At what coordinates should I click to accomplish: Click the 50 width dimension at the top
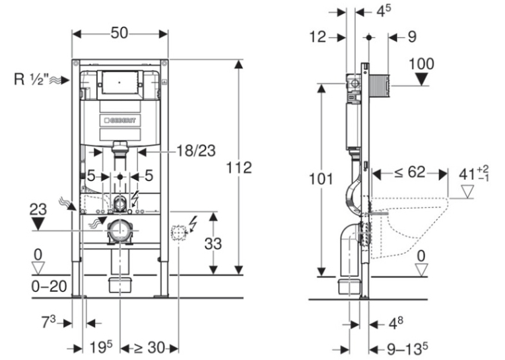[x=119, y=33]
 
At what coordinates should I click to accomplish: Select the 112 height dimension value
[x=239, y=168]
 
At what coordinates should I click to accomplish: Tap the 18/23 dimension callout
[x=196, y=151]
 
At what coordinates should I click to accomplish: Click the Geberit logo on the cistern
[x=120, y=120]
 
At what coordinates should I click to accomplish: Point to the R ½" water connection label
[x=31, y=79]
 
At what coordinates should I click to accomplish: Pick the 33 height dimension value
[x=213, y=244]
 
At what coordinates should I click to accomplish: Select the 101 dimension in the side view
[x=321, y=179]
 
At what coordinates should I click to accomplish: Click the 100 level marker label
[x=421, y=64]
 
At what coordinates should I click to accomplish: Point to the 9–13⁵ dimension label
[x=407, y=349]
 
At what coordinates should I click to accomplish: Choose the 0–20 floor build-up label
[x=49, y=286]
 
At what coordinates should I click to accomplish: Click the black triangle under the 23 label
[x=38, y=224]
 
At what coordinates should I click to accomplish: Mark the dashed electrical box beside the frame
[x=178, y=233]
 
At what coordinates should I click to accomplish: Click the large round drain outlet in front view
[x=119, y=231]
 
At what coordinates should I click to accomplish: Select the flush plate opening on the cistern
[x=119, y=83]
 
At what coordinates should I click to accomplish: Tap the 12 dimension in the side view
[x=318, y=37]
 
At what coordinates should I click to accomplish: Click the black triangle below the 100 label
[x=421, y=79]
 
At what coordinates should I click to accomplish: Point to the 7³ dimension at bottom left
[x=48, y=322]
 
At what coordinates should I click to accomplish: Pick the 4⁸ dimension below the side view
[x=395, y=323]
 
